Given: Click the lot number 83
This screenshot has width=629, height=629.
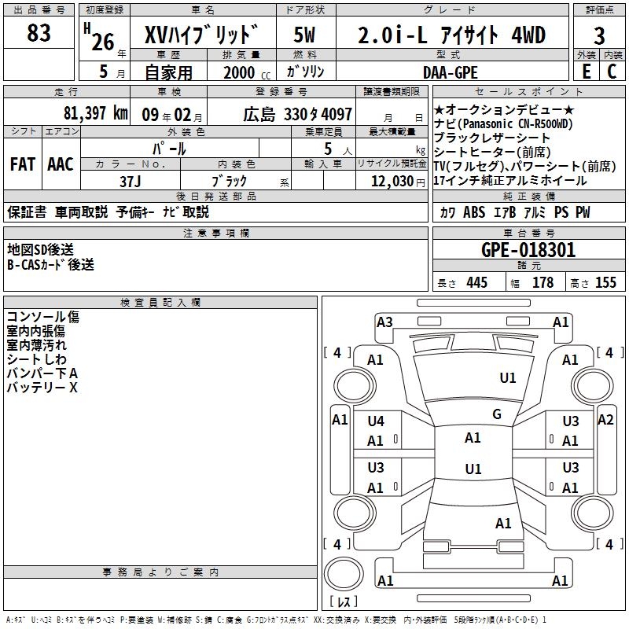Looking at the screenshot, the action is pyautogui.click(x=39, y=33).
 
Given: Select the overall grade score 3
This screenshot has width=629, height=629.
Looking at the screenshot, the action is pyautogui.click(x=599, y=35).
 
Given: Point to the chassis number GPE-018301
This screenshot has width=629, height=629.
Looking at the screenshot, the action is pyautogui.click(x=528, y=250).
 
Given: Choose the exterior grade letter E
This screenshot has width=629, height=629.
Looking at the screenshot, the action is pyautogui.click(x=586, y=72).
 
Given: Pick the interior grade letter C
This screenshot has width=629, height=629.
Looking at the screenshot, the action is pyautogui.click(x=612, y=72).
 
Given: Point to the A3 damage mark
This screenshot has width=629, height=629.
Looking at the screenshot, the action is pyautogui.click(x=384, y=322).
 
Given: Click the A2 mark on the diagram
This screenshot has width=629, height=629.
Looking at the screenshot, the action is pyautogui.click(x=605, y=419).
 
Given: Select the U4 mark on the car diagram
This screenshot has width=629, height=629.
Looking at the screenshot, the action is pyautogui.click(x=376, y=421).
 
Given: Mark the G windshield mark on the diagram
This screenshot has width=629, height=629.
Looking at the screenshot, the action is pyautogui.click(x=497, y=414).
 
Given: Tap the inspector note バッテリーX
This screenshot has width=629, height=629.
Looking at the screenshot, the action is pyautogui.click(x=42, y=388).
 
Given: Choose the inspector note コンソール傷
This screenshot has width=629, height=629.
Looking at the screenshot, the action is pyautogui.click(x=42, y=317).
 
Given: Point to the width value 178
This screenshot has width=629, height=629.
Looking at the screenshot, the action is pyautogui.click(x=543, y=283).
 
